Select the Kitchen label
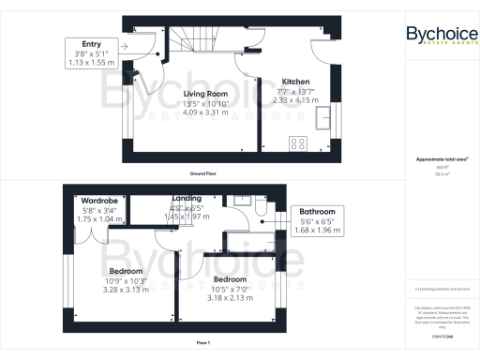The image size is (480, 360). pyautogui.click(x=284, y=81)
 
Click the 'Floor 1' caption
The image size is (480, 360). pyautogui.click(x=202, y=343)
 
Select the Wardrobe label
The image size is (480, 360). pyautogui.click(x=97, y=201)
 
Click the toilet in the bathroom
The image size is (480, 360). pyautogui.click(x=260, y=210)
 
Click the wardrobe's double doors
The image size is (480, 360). pyautogui.click(x=92, y=228)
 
